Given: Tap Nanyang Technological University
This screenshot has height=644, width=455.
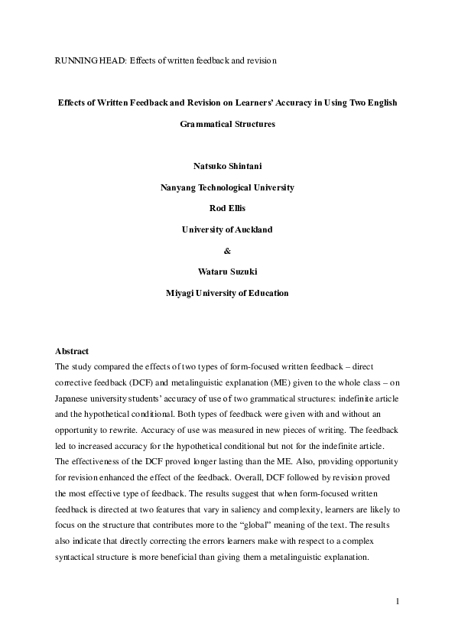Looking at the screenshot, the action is [227, 187].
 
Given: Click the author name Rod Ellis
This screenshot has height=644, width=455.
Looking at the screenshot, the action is [227, 208].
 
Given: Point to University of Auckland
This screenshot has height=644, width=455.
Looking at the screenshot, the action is [227, 229].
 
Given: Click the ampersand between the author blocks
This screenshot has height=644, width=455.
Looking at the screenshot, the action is [227, 250].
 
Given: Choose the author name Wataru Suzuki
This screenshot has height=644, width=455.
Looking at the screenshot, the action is [227, 271].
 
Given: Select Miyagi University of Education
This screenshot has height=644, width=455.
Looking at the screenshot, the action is [227, 291].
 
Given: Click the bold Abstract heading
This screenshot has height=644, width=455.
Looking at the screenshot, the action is [73, 351].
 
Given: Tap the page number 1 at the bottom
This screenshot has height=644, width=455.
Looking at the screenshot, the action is [398, 601].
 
